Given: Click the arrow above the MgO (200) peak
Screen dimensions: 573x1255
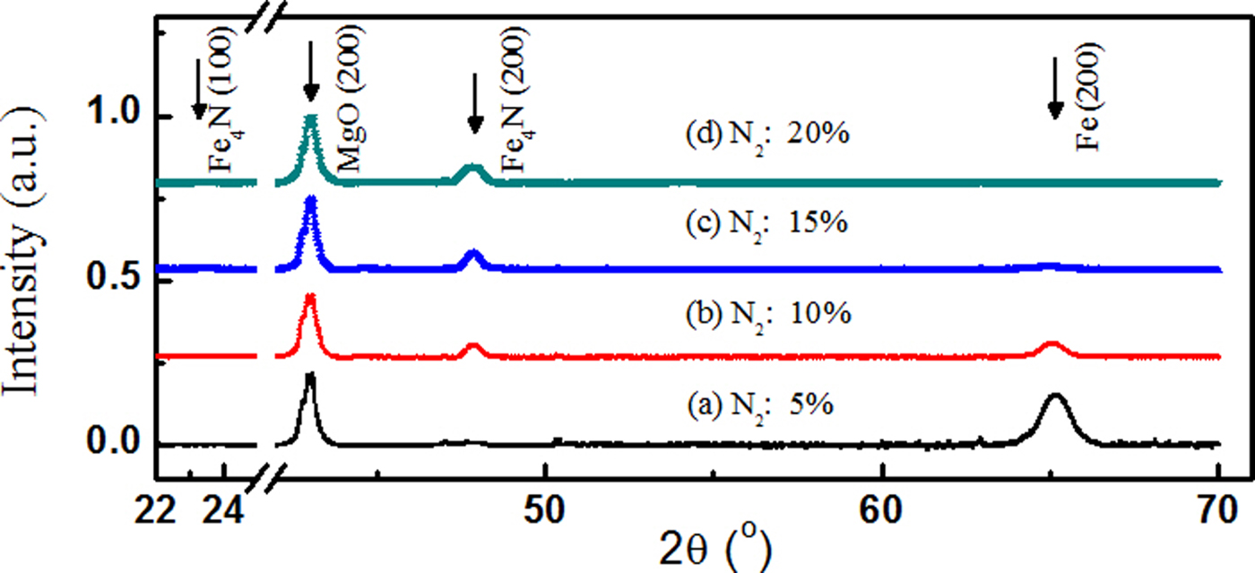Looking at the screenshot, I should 310,71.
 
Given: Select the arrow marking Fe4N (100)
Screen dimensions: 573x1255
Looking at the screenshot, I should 199,98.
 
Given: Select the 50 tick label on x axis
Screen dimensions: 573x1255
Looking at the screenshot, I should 544,508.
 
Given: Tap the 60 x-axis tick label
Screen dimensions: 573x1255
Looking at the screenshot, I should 882,508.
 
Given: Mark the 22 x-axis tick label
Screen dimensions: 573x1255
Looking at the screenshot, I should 156,508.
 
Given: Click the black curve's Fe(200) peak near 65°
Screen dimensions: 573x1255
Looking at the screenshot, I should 1055,395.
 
